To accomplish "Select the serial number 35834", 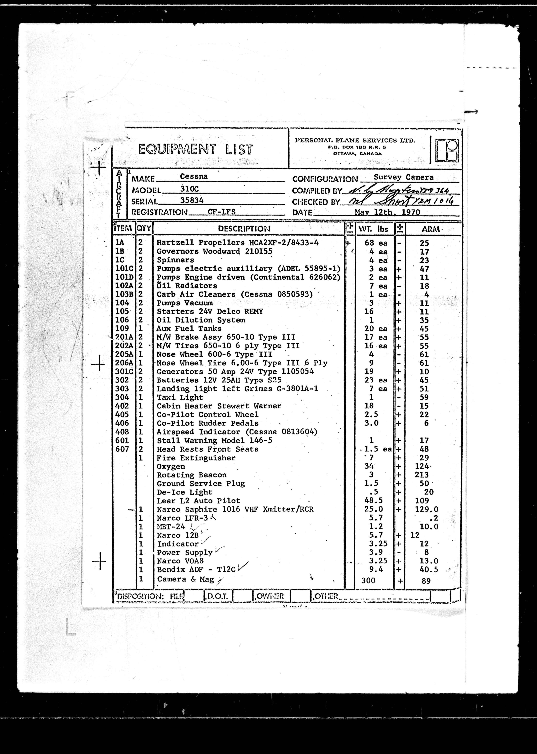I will [x=192, y=200].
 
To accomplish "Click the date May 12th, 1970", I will [x=387, y=212].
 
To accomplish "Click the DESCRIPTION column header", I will [x=244, y=229].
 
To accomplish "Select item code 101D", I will [x=124, y=277].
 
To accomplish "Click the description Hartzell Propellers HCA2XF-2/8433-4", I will [x=237, y=243].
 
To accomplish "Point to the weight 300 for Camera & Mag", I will [x=368, y=580].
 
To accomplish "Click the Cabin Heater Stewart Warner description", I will [x=219, y=406].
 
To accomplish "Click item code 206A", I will [x=124, y=363].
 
